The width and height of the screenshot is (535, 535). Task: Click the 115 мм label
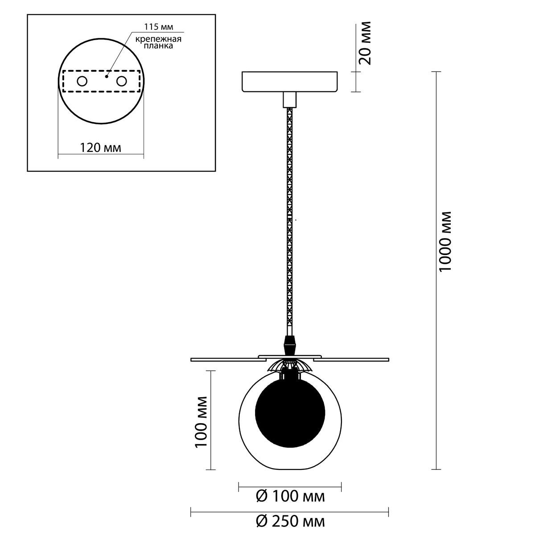159,27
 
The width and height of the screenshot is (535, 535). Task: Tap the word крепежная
158,39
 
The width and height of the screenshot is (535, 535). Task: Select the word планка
158,45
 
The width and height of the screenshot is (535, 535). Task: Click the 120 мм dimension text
100,148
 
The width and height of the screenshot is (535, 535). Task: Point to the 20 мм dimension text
365,43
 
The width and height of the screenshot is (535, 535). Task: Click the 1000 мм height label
446,241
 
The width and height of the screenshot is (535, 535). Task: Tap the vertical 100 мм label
201,426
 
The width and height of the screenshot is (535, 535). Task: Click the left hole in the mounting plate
82,81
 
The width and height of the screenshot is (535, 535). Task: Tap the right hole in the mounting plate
122,81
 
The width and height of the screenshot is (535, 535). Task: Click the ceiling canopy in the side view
290,82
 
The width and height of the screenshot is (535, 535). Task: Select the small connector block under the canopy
290,100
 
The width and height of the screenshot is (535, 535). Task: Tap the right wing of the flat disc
351,360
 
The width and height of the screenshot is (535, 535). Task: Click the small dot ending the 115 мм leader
107,76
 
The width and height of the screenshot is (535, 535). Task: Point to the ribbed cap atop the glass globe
290,366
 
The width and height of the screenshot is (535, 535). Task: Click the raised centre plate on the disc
290,357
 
